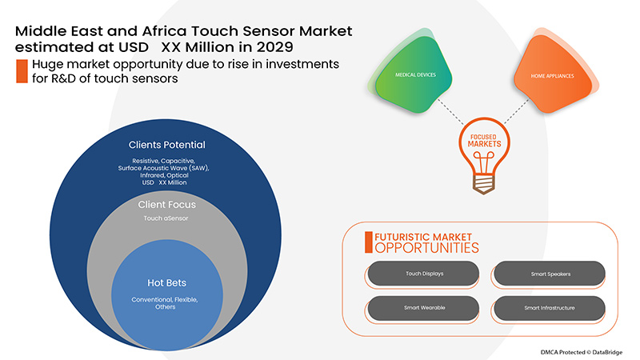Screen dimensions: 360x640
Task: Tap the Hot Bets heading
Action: [x=167, y=282]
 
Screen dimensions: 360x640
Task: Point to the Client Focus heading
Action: [x=168, y=205]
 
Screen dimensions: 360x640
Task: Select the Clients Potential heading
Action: [x=167, y=145]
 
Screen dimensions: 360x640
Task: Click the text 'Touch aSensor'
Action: [x=167, y=218]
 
